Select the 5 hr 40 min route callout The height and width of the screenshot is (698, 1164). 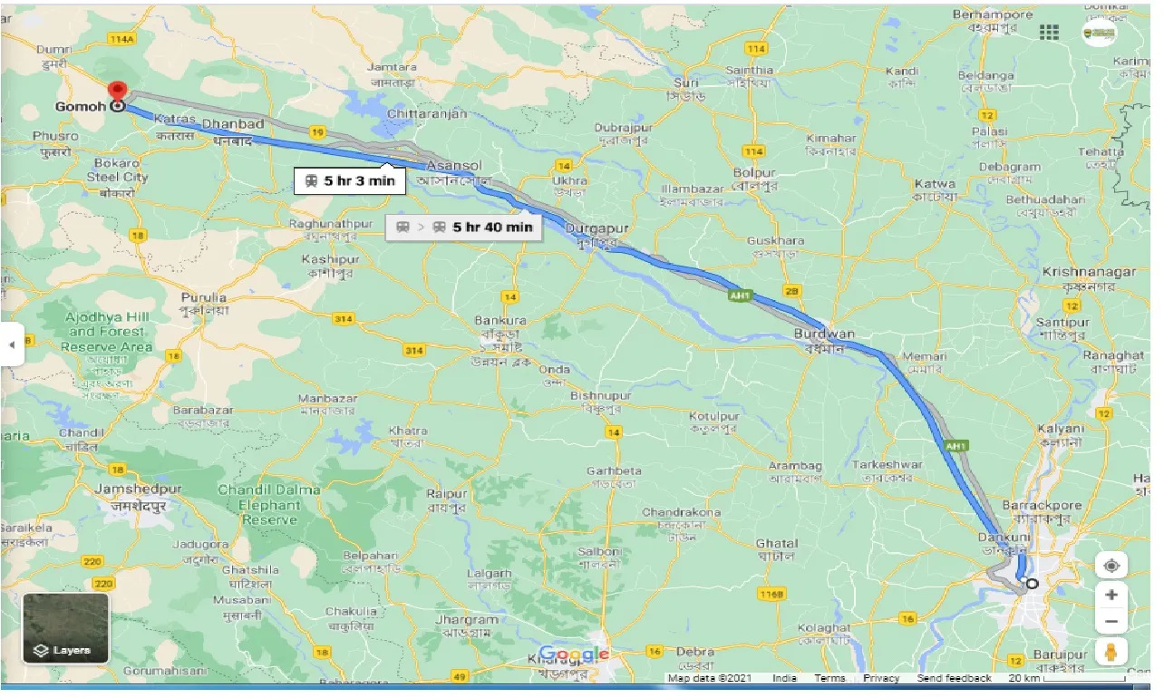pyautogui.click(x=463, y=227)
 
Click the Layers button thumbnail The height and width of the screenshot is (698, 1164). pyautogui.click(x=65, y=627)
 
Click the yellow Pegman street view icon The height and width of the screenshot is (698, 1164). pyautogui.click(x=1111, y=651)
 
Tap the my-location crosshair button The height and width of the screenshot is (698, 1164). pyautogui.click(x=1111, y=567)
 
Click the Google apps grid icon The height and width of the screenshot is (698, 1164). pyautogui.click(x=1049, y=33)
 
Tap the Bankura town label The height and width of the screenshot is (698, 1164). pyautogui.click(x=501, y=321)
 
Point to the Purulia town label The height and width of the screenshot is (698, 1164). pyautogui.click(x=204, y=296)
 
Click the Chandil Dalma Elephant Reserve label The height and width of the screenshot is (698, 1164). pyautogui.click(x=269, y=505)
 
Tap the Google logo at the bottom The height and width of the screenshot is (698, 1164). pyautogui.click(x=574, y=654)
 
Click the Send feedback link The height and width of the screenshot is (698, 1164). pyautogui.click(x=954, y=678)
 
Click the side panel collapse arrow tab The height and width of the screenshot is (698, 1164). pyautogui.click(x=12, y=344)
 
